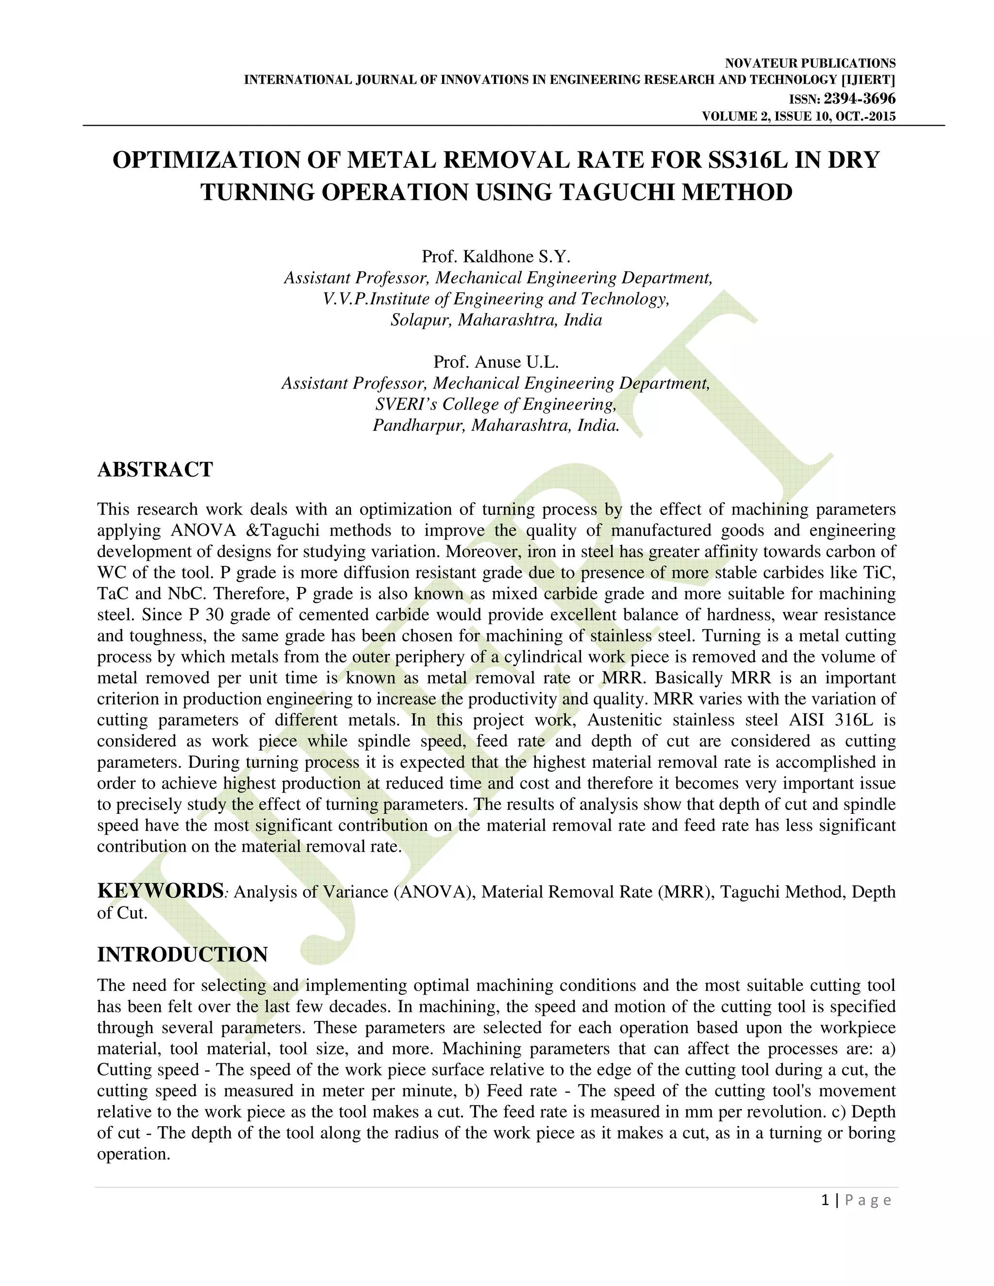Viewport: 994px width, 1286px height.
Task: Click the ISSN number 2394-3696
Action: [859, 99]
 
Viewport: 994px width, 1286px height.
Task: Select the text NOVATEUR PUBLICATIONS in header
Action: [810, 64]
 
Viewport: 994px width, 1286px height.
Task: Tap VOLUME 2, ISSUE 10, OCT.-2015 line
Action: [798, 116]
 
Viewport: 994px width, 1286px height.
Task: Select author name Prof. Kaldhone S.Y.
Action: [496, 257]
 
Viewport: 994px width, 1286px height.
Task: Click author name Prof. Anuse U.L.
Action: [496, 362]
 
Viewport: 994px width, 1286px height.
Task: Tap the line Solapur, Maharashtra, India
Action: [496, 320]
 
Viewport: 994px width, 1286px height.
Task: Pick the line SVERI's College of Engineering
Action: [496, 405]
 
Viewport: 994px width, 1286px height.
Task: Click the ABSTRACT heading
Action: [155, 470]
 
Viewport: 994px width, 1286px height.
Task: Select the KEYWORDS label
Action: [160, 891]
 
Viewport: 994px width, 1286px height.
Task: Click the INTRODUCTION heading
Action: [182, 955]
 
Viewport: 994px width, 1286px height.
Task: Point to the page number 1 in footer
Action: [825, 1200]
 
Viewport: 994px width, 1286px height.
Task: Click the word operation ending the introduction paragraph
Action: [133, 1154]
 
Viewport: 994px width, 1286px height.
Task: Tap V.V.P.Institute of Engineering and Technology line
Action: [496, 299]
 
